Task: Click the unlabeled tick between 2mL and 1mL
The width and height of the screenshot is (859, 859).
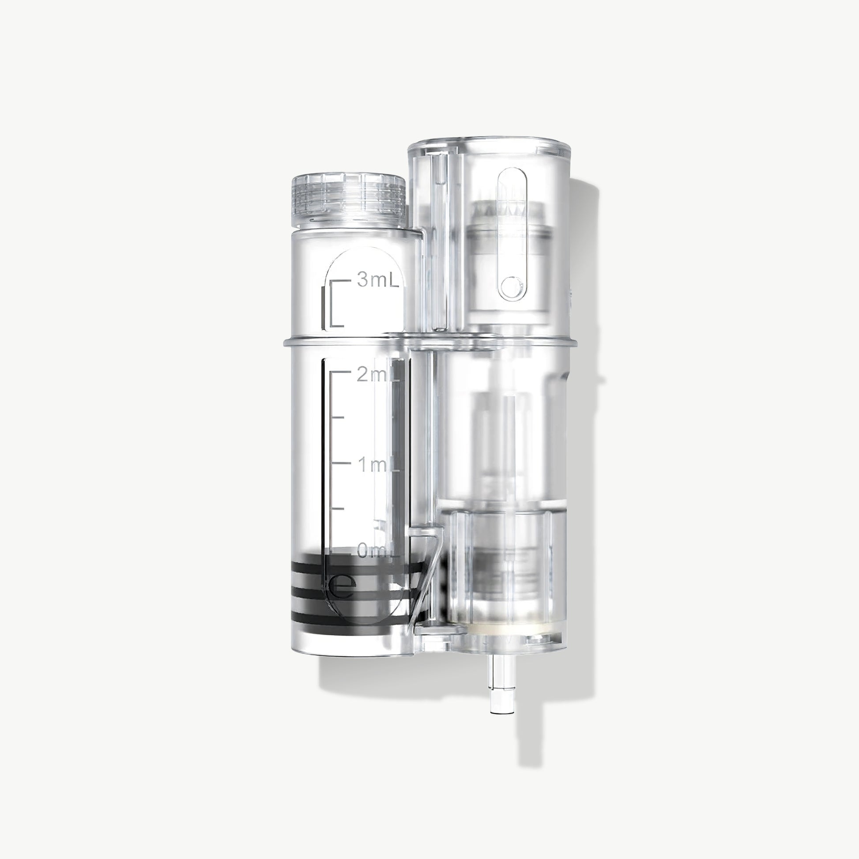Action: (338, 418)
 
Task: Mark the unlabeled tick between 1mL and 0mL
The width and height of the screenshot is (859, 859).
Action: (338, 508)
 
